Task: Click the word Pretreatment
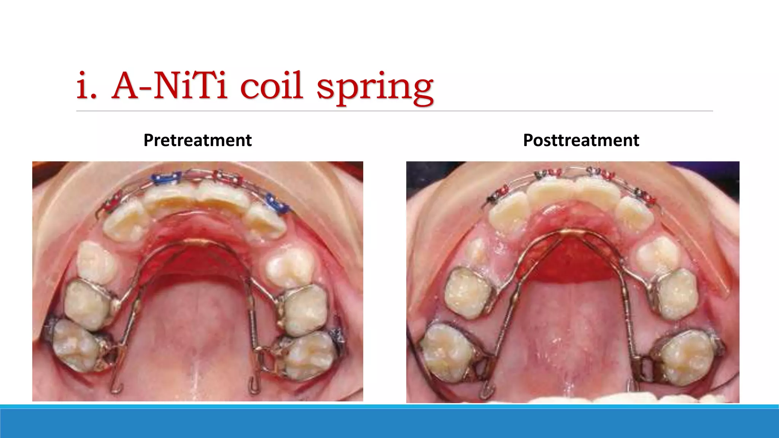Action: (197, 140)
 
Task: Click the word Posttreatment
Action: (581, 140)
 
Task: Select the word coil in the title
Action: (271, 85)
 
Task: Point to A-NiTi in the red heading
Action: (170, 86)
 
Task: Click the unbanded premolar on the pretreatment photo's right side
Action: (290, 267)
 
